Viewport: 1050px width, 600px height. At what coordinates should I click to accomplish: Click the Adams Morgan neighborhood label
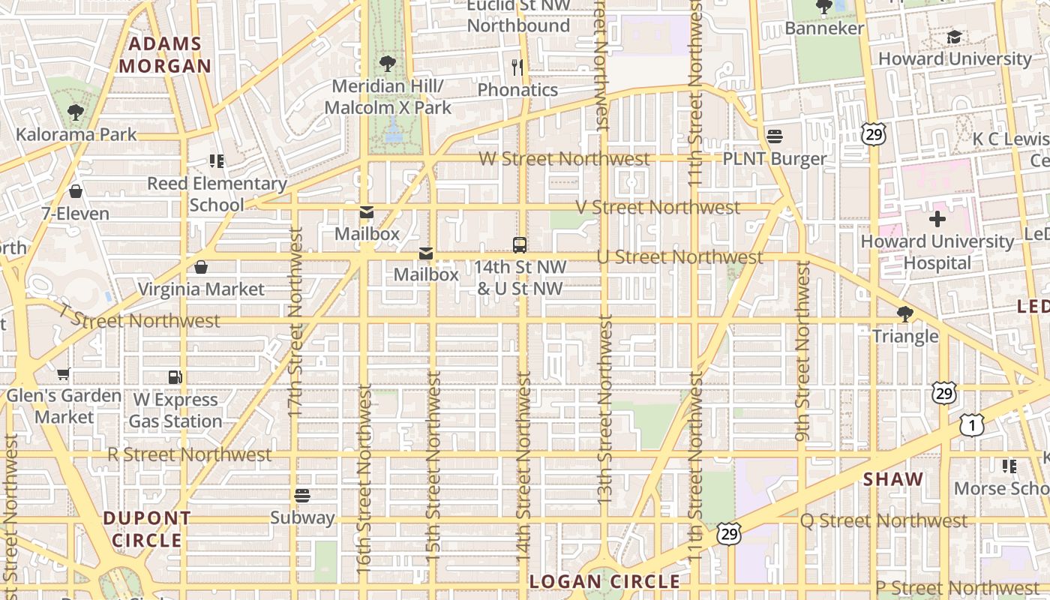165,55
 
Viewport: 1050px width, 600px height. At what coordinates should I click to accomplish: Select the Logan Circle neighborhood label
604,581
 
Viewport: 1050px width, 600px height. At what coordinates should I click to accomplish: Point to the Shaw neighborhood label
892,479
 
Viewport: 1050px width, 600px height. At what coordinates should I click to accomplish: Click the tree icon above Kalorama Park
75,112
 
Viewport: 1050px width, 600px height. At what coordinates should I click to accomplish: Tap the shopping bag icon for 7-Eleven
75,191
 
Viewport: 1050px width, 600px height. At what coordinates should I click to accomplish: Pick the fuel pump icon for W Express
175,377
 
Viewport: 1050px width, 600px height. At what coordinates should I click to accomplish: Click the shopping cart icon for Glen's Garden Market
64,373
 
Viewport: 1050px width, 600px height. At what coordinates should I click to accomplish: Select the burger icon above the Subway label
302,495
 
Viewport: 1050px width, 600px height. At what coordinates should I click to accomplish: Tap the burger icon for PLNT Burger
775,136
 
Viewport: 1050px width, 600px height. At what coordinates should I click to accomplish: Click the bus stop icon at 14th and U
519,244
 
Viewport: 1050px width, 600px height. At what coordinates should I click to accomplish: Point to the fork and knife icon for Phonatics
517,67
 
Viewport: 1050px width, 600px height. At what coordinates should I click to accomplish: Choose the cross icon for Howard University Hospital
937,219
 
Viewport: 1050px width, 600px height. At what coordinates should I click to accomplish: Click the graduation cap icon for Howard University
954,37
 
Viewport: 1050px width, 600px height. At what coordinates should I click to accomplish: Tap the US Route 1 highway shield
971,426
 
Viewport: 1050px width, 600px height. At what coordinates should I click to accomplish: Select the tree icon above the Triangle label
905,313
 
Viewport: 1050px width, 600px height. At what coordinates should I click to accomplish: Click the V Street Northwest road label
658,207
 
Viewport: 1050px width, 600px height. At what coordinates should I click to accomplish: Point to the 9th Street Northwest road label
802,350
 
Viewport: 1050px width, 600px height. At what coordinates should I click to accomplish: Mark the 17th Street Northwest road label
295,322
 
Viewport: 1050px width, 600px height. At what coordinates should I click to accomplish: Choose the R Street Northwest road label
189,454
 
